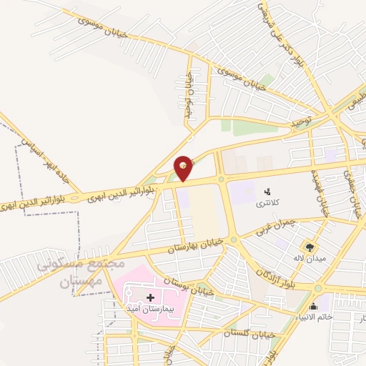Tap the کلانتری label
(269, 203)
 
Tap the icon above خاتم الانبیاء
(314, 306)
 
